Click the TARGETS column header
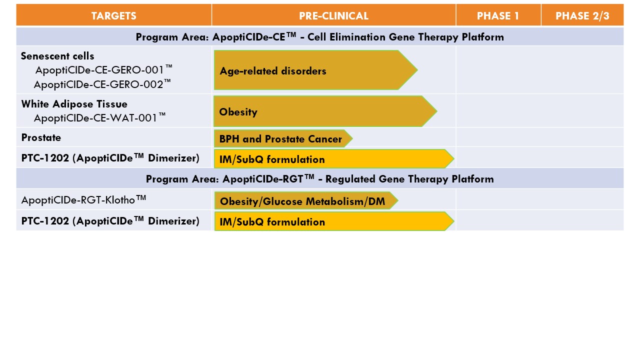point(113,15)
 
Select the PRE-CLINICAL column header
point(333,15)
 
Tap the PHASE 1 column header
point(498,15)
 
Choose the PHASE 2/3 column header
point(582,15)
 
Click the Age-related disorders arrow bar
point(315,70)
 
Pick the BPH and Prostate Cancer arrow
point(283,138)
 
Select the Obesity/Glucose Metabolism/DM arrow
point(306,200)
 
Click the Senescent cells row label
point(57,56)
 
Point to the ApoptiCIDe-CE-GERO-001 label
point(103,70)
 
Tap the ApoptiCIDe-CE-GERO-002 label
point(102,84)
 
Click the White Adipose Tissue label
point(74,104)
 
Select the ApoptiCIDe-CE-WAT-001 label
point(99,117)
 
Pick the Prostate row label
point(41,137)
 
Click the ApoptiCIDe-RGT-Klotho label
point(83,199)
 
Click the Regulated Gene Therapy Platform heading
point(409,179)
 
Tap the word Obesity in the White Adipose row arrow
point(238,112)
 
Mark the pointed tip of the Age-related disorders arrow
point(417,69)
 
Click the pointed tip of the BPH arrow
point(352,138)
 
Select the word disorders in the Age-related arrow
point(303,71)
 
